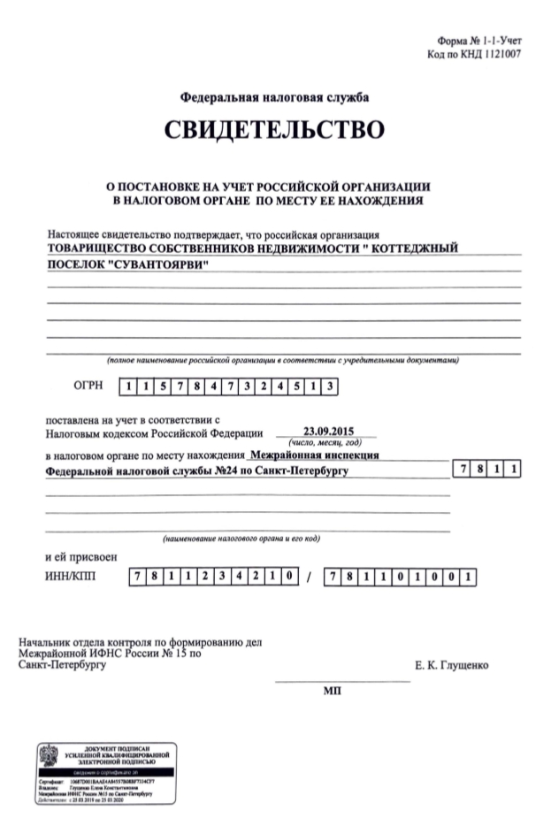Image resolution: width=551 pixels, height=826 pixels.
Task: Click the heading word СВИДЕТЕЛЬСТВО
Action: coord(274,131)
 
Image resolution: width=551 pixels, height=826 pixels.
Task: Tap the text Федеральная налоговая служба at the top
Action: coord(274,96)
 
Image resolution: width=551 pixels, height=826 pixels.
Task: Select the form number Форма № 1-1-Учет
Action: coord(479,42)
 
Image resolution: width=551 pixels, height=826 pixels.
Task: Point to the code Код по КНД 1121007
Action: coord(473,54)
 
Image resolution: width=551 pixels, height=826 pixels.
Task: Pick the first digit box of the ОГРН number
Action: coord(129,386)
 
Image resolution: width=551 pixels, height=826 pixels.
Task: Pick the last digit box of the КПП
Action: coord(471,577)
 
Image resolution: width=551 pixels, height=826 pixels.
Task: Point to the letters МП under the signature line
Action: coord(332,690)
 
